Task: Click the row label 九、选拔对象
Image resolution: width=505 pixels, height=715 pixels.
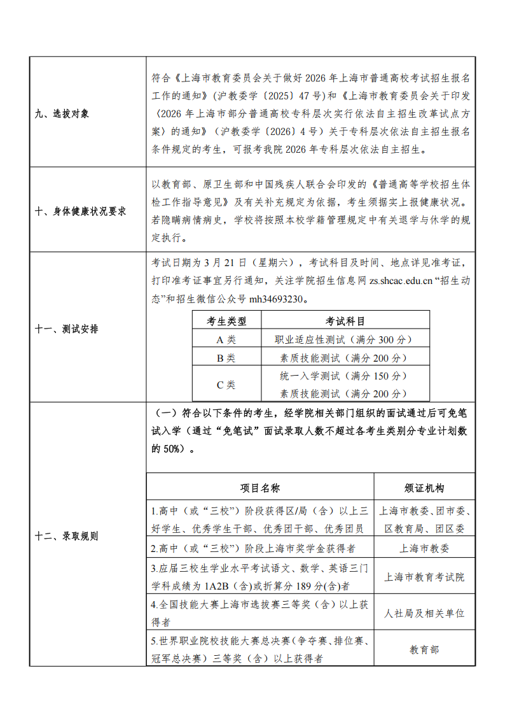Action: (62, 114)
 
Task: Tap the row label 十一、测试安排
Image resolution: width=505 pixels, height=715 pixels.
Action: (67, 329)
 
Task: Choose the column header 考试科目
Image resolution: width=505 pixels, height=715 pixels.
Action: (345, 321)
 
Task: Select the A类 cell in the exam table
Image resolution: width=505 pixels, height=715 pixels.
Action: (226, 339)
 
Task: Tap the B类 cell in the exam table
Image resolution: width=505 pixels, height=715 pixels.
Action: (226, 358)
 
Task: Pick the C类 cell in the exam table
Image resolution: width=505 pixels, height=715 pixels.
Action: (226, 385)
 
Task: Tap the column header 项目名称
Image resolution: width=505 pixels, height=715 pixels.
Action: (260, 488)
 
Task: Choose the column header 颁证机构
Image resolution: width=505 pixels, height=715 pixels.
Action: (424, 488)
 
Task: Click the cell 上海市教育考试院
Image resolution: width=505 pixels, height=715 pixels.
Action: (424, 577)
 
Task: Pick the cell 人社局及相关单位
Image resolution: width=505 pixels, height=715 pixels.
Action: (424, 613)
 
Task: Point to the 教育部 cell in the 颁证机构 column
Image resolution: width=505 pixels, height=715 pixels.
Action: (424, 649)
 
